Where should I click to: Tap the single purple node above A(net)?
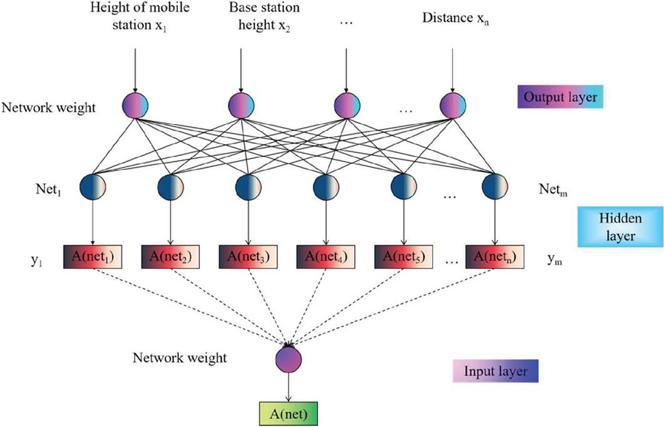pos(288,360)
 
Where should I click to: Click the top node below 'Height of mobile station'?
pos(136,104)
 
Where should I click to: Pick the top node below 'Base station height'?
pos(241,104)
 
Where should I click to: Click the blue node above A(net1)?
pos(93,187)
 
